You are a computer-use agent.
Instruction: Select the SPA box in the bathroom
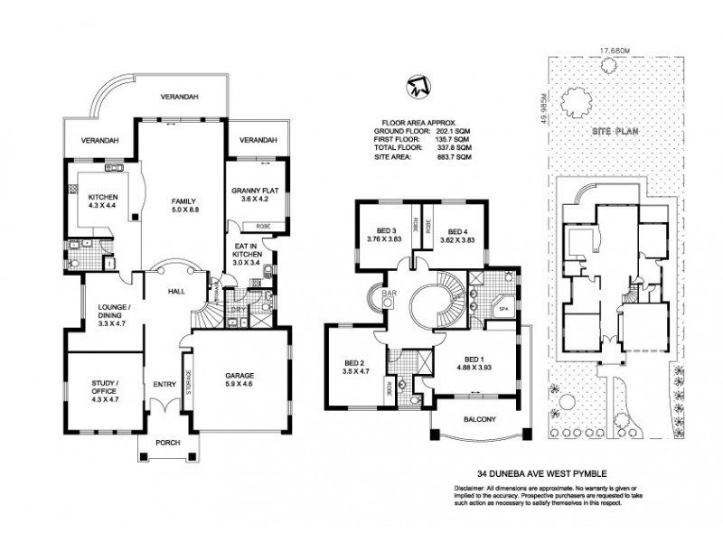pyautogui.click(x=504, y=310)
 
